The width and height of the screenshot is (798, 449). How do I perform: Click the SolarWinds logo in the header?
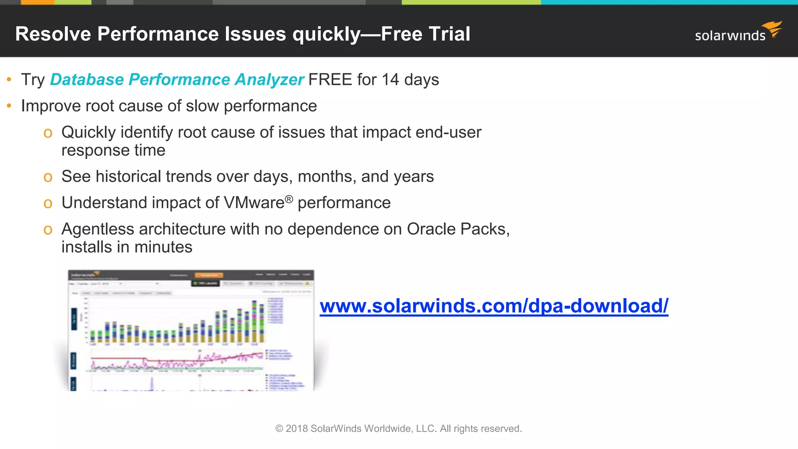click(738, 32)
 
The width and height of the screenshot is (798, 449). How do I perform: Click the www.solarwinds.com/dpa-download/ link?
click(494, 306)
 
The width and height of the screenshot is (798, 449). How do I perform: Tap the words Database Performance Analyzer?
click(177, 80)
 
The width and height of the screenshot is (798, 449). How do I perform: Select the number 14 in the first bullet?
click(390, 80)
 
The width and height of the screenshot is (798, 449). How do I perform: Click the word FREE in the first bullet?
click(330, 80)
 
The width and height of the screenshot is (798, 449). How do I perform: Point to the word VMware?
click(254, 203)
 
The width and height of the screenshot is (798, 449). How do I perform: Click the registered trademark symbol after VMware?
click(289, 199)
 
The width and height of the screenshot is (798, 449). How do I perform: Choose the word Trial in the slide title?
click(448, 34)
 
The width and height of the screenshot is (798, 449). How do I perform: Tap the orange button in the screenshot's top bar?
click(209, 275)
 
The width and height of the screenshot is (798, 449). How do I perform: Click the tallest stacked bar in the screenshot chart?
click(254, 322)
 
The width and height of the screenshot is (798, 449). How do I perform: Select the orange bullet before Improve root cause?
click(9, 106)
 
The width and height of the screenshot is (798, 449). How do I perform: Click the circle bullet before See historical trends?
click(48, 177)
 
